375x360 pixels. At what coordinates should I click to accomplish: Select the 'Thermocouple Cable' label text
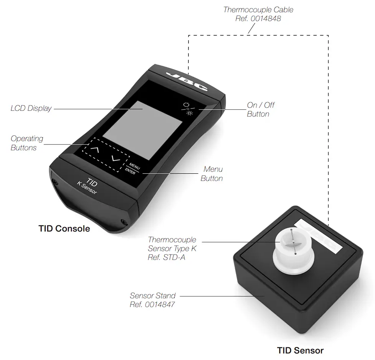(258, 10)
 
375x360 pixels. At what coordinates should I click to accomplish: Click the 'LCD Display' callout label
(31, 108)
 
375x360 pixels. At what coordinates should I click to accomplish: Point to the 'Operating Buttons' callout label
(27, 143)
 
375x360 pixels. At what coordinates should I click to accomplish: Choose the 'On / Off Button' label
(261, 109)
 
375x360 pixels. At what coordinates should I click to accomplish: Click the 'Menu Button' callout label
(213, 174)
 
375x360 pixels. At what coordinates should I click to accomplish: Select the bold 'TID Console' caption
(64, 229)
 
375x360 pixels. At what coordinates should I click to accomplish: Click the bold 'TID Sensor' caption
(300, 350)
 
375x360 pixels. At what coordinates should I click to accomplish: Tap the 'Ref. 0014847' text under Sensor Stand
(153, 305)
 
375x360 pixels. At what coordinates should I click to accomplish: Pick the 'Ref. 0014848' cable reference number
(258, 18)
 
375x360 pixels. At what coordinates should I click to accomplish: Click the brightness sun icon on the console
(189, 114)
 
